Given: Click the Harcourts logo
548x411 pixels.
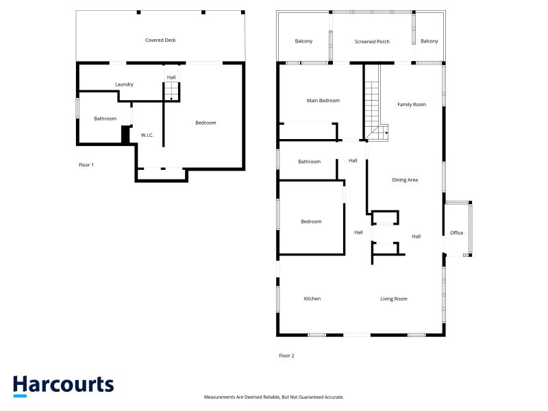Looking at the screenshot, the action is [63, 386].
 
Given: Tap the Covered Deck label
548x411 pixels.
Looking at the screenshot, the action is [160, 40].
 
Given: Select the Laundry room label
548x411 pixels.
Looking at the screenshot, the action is [124, 84].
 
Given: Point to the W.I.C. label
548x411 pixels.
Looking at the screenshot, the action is [147, 135].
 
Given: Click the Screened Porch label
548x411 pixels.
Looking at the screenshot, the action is [372, 42].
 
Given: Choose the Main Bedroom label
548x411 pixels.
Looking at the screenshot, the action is [323, 101].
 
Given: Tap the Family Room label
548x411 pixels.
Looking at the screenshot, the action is [412, 105].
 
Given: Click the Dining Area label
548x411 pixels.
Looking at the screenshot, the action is [405, 180].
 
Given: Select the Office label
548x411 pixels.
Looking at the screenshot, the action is [456, 233].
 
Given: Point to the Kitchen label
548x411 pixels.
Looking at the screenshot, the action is [312, 299].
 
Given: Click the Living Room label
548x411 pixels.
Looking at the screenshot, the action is [393, 299].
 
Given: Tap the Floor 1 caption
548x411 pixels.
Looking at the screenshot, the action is [86, 165].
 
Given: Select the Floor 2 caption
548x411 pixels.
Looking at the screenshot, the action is [286, 356].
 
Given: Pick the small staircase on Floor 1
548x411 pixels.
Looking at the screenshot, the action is [172, 92].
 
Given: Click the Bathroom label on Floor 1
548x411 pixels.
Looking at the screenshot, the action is [105, 119].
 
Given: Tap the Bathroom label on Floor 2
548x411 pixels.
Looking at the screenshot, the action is [310, 162].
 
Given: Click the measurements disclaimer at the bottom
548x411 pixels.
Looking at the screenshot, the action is [273, 397].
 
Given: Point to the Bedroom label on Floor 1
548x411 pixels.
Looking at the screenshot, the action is [206, 123].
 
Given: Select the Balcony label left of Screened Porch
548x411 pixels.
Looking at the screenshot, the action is [303, 41].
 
